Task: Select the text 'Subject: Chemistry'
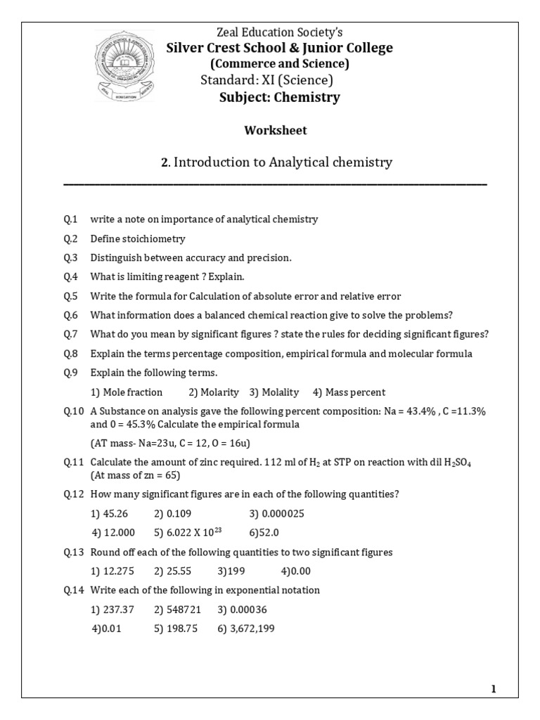coord(279,97)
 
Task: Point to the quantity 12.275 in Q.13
coord(112,571)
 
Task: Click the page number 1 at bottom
coord(494,689)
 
